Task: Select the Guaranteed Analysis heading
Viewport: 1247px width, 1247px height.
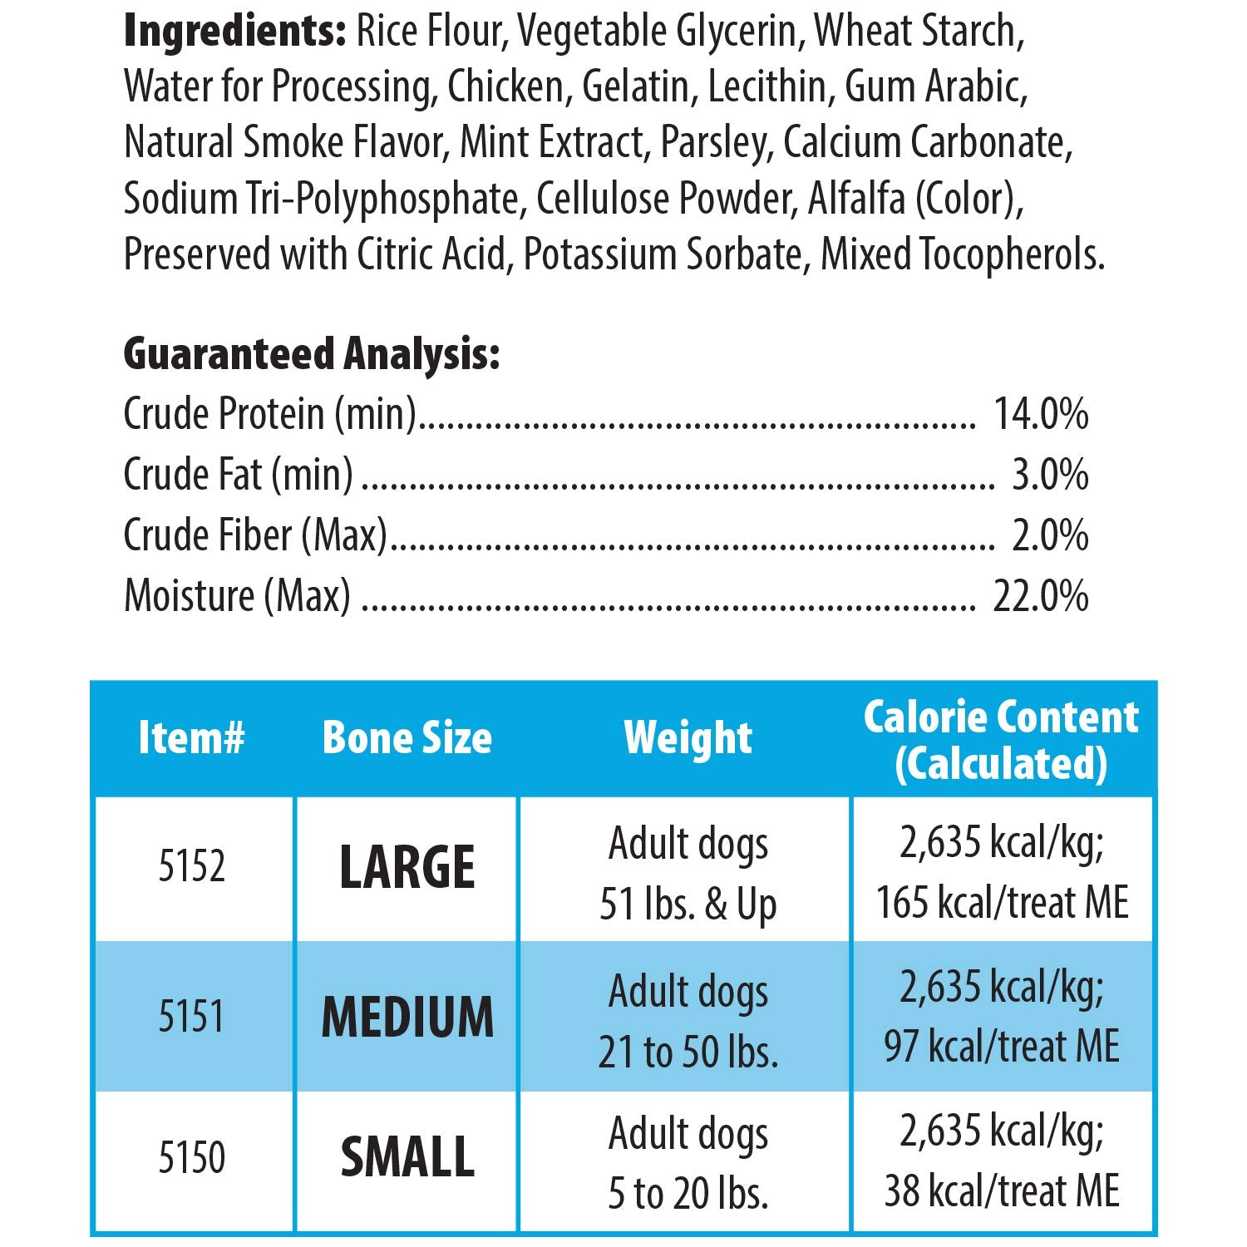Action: [x=312, y=355]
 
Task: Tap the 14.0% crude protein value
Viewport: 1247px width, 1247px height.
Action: [x=1042, y=413]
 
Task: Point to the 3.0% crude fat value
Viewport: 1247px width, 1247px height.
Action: [x=1050, y=474]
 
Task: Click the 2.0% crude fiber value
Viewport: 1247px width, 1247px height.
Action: [x=1050, y=535]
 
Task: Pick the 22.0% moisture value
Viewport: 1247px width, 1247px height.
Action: [x=1041, y=595]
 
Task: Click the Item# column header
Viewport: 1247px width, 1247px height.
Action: [x=191, y=737]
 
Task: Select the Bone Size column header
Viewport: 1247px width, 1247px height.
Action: [x=407, y=737]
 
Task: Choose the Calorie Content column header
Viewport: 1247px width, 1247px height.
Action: [x=1001, y=740]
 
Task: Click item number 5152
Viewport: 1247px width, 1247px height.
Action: [x=192, y=866]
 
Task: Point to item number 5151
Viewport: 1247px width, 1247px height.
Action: [x=192, y=1016]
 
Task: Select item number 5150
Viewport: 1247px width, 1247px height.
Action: [x=192, y=1157]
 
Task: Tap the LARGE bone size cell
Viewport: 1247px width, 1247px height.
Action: [x=407, y=867]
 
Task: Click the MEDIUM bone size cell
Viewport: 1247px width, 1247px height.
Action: [x=407, y=1017]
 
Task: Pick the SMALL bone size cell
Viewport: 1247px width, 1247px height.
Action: [x=407, y=1157]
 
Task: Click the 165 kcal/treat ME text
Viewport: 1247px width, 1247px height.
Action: [x=1002, y=903]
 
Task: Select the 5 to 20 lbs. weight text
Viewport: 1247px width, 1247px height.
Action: [x=688, y=1194]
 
